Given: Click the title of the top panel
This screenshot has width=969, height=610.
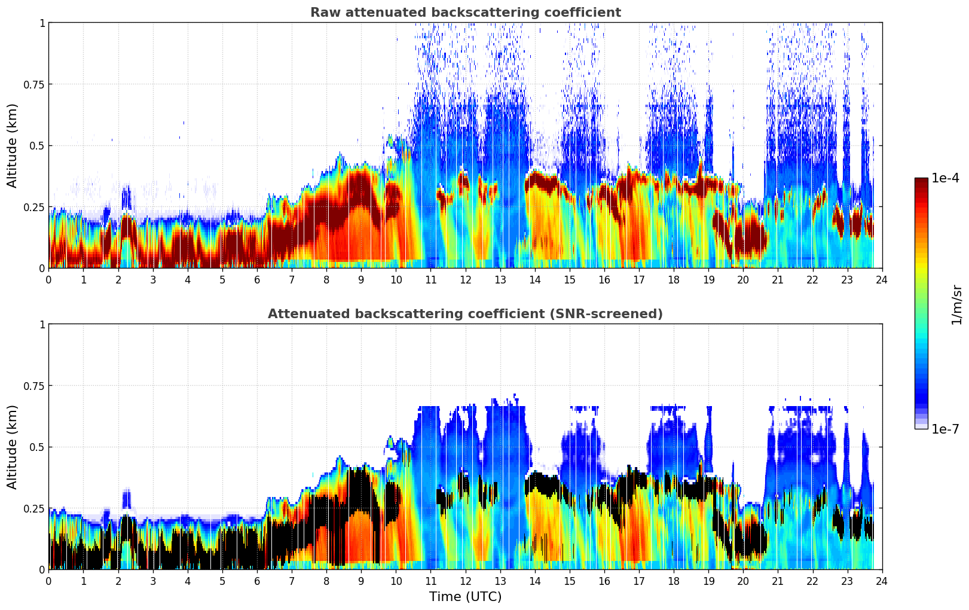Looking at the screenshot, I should click(x=465, y=13).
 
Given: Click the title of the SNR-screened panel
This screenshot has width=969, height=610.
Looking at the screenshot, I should click(x=465, y=314).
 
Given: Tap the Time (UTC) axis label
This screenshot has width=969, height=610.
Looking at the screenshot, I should click(x=465, y=597).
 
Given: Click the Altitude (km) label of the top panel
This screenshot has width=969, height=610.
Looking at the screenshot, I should click(x=13, y=145).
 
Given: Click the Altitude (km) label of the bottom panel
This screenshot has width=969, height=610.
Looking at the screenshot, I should click(x=13, y=447).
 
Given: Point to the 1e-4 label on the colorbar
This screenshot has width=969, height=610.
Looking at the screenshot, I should click(x=945, y=178).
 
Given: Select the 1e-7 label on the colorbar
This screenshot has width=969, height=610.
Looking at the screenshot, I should click(x=945, y=429).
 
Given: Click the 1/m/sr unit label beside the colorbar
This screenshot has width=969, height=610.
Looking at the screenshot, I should click(x=956, y=304).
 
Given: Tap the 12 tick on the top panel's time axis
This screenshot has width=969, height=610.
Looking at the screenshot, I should click(x=466, y=279).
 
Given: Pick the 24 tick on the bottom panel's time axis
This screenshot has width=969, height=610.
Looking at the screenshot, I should click(x=882, y=581).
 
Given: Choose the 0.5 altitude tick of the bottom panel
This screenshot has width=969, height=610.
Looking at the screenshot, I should click(x=37, y=447).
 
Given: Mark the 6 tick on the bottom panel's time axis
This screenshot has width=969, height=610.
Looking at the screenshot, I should click(x=257, y=581).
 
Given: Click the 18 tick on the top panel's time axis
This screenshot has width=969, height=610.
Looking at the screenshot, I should click(x=674, y=279).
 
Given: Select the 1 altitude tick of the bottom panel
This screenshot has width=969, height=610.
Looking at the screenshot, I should click(x=42, y=324).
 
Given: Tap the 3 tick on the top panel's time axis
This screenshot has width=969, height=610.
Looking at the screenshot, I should click(x=153, y=279).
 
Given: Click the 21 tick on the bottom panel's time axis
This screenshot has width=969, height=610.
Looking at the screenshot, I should click(x=778, y=581).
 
